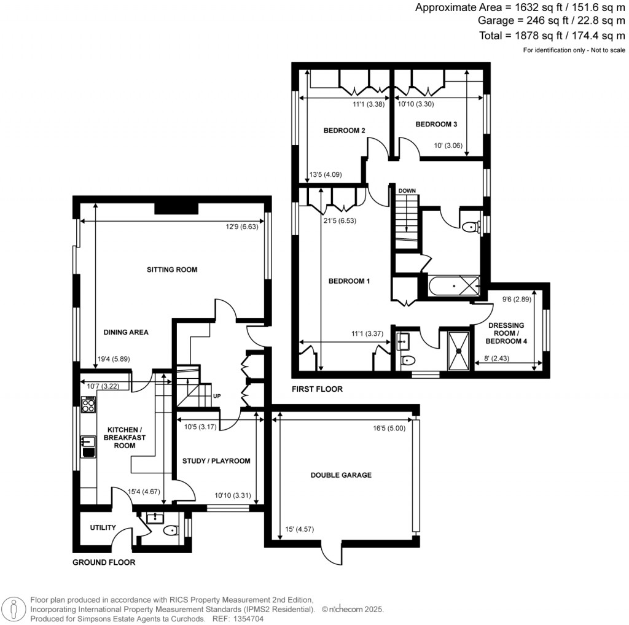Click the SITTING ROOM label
pos(172,270)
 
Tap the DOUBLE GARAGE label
pos(341,475)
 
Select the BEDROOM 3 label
pos(436,125)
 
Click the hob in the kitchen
pos(88,405)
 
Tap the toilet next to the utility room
pos(170,530)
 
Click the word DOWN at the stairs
pos(407,191)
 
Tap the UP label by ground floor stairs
pos(217,396)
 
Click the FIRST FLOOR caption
pos(318,389)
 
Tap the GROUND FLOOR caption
pos(104,562)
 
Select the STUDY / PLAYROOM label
pos(216,460)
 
